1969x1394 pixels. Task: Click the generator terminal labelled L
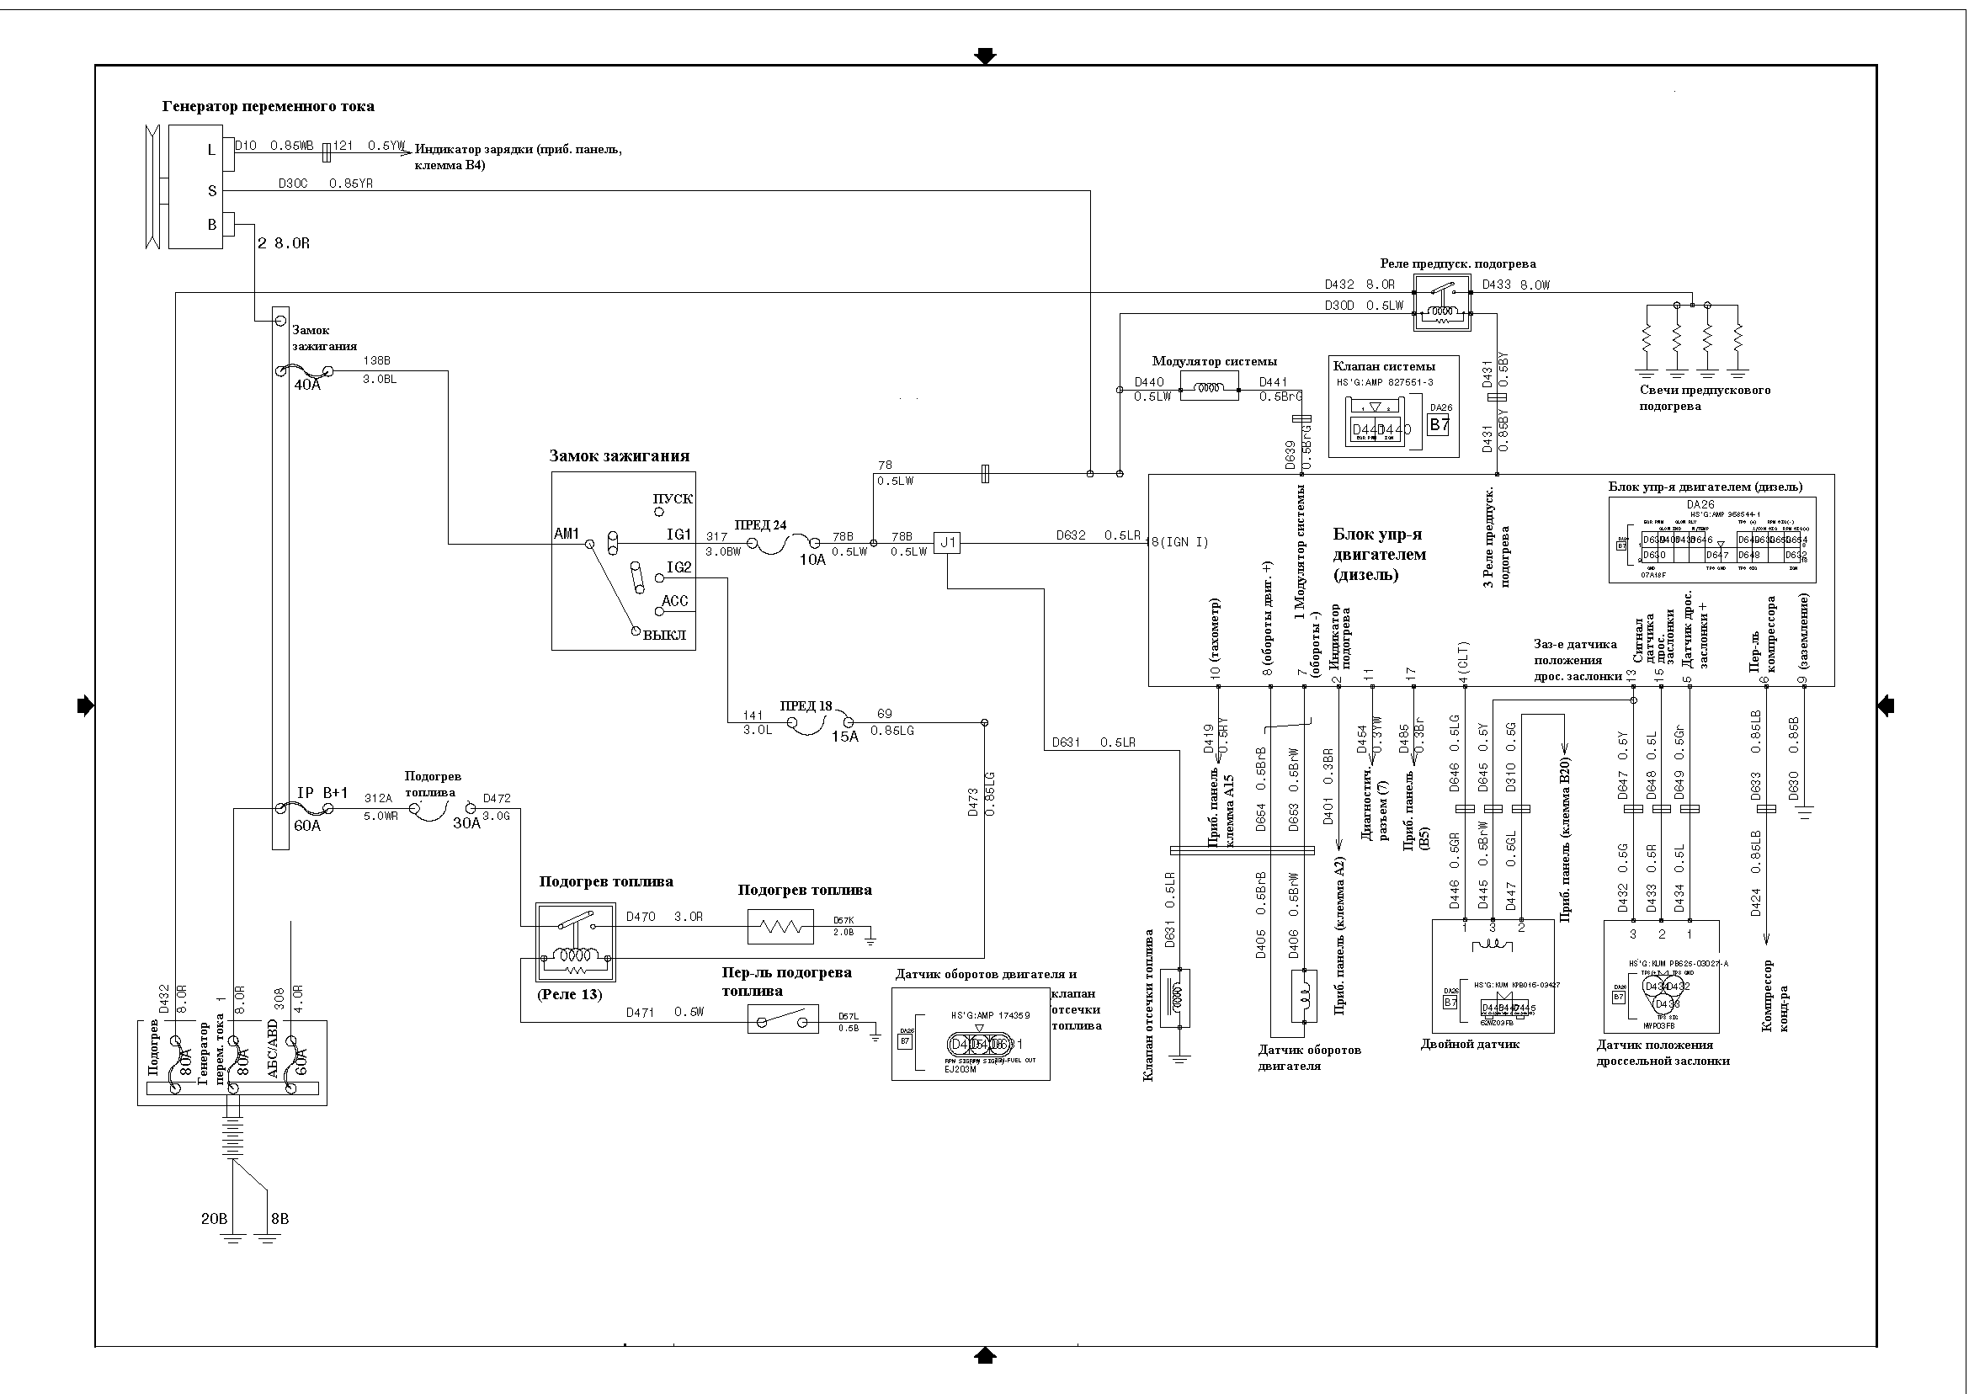coord(212,150)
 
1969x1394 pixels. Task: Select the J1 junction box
coord(948,542)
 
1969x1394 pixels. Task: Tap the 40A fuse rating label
coord(307,386)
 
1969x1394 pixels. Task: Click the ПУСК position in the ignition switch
coord(672,499)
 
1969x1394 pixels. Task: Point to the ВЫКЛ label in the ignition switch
coord(664,636)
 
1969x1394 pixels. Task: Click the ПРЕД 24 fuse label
coord(759,525)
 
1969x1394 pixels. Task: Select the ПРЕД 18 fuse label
coord(806,706)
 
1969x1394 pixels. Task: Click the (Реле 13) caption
coord(570,994)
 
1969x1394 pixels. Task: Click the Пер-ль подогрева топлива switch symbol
coord(783,1019)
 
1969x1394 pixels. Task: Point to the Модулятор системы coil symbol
coord(1211,388)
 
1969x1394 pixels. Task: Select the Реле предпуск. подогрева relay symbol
coord(1443,302)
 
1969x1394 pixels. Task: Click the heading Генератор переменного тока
coord(268,107)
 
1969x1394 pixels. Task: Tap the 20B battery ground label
coord(214,1219)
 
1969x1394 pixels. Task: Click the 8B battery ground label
coord(279,1219)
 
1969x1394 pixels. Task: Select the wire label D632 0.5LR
coord(1098,535)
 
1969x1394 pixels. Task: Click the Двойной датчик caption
coord(1470,1045)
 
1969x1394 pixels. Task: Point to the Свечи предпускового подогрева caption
coord(1705,398)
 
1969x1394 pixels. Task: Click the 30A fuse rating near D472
coord(467,822)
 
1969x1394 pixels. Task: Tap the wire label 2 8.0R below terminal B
coord(283,244)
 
